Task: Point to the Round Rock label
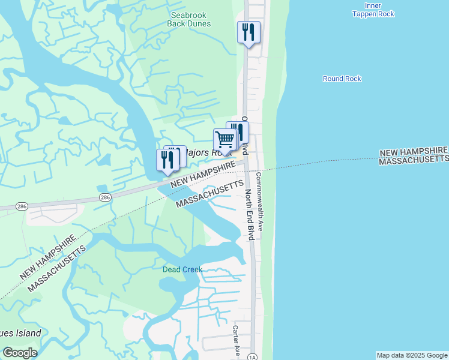pyautogui.click(x=342, y=79)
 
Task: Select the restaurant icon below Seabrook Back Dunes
pyautogui.click(x=249, y=31)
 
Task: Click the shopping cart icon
pyautogui.click(x=225, y=140)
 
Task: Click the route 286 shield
pyautogui.click(x=105, y=197)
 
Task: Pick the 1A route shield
pyautogui.click(x=252, y=356)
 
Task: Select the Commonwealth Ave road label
pyautogui.click(x=260, y=202)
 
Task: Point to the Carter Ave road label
pyautogui.click(x=237, y=340)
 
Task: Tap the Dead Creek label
pyautogui.click(x=182, y=269)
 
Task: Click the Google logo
pyautogui.click(x=20, y=353)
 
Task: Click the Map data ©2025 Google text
pyautogui.click(x=411, y=355)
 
